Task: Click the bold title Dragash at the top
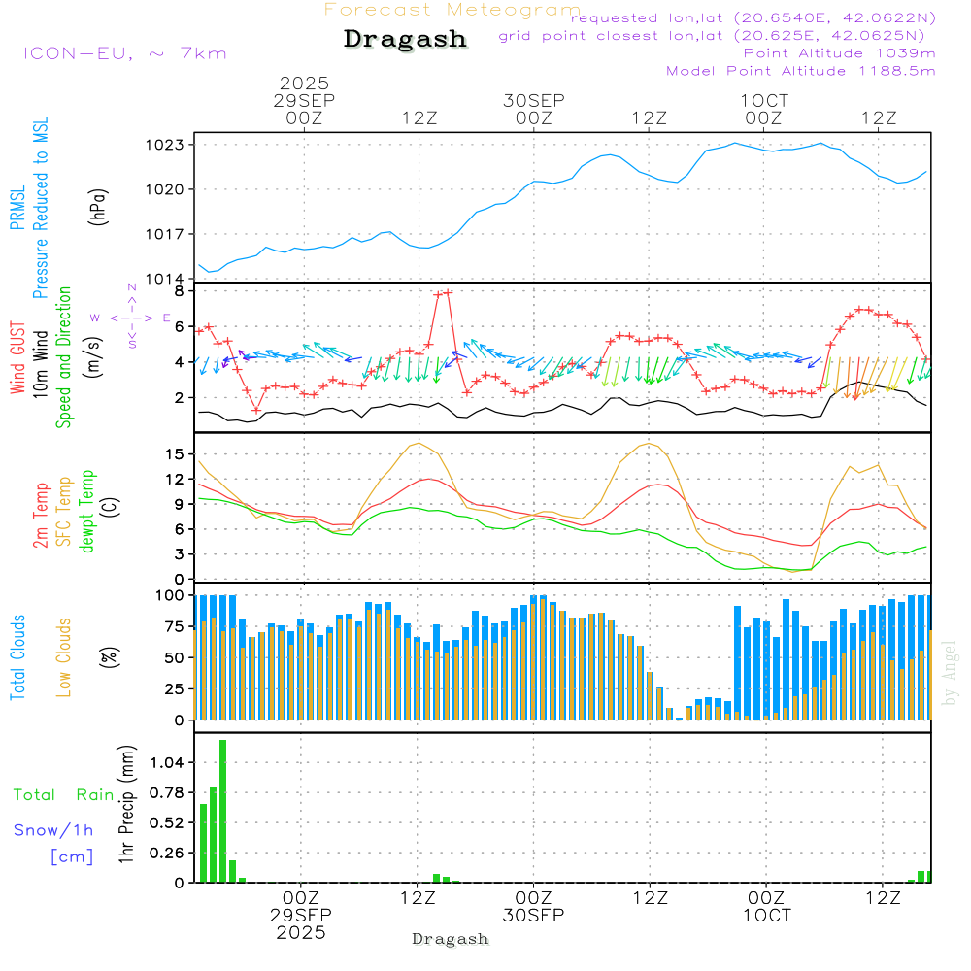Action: coord(405,40)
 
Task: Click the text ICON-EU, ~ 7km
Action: coord(124,53)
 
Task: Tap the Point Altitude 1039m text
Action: coord(839,52)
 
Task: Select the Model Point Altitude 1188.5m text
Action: coord(800,71)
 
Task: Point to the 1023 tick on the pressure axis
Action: coord(166,145)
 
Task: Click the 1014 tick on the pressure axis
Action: coord(166,280)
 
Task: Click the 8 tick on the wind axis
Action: coord(179,290)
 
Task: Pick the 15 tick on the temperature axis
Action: coord(175,453)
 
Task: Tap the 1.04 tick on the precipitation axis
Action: coord(167,763)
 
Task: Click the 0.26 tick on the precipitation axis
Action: coord(167,853)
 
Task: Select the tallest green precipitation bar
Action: coord(222,811)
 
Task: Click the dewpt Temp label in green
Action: coord(88,513)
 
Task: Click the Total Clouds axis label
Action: coord(18,657)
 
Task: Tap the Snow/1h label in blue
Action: coord(53,830)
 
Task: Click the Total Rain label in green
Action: coord(63,795)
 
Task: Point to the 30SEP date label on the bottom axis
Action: coord(533,915)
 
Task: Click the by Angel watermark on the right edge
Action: coord(950,674)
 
